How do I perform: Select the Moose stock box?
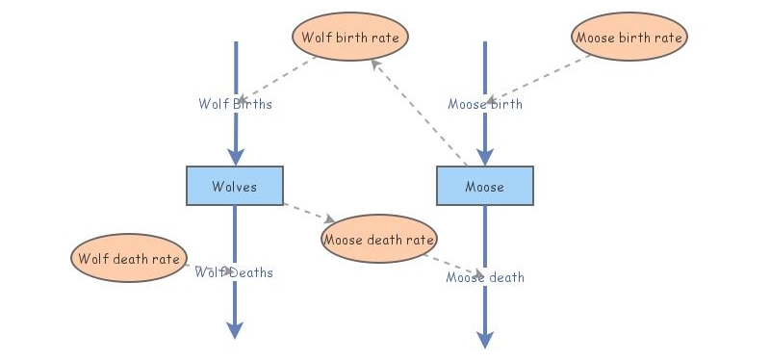click(x=484, y=186)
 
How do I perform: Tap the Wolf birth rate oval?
click(x=350, y=38)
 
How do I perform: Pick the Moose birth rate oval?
click(x=629, y=38)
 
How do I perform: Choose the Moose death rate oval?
click(x=379, y=239)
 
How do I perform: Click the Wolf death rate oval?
click(x=128, y=258)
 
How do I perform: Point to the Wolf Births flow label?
click(x=235, y=104)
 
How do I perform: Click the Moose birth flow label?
click(x=485, y=104)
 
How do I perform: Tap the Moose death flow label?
click(x=485, y=277)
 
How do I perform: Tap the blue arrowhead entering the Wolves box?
click(x=235, y=157)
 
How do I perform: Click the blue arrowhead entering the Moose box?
click(x=485, y=157)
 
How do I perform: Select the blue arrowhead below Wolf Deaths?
click(x=235, y=329)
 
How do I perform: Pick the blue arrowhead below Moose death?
click(x=485, y=339)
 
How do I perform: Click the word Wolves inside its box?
click(x=235, y=186)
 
